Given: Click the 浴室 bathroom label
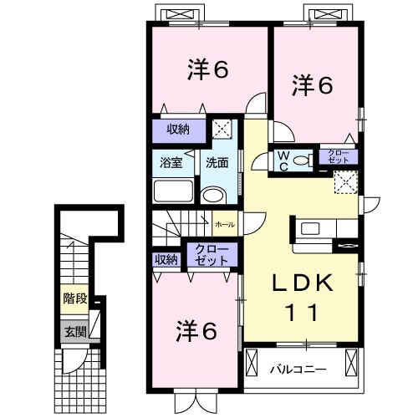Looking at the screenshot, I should click(170, 162).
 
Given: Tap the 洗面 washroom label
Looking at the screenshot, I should click(217, 162).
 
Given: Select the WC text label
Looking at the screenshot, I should click(284, 160).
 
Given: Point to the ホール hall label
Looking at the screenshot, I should click(224, 225).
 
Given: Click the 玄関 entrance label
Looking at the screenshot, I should click(73, 331).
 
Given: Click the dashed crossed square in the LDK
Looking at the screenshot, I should click(344, 182).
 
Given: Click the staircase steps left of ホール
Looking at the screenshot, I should click(180, 224).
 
